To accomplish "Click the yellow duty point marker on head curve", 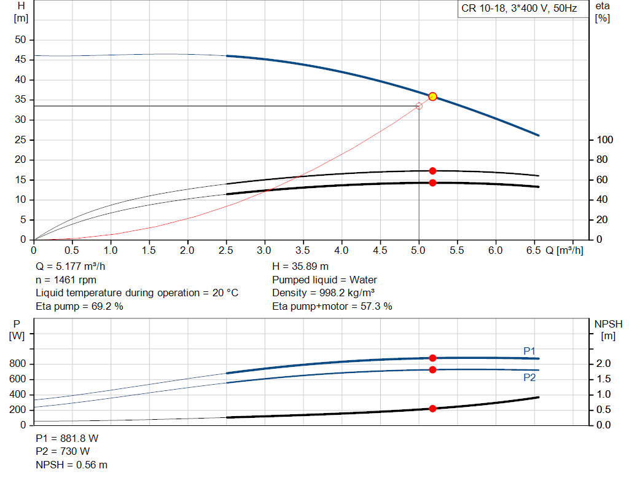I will [432, 96].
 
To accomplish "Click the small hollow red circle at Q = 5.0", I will [419, 106].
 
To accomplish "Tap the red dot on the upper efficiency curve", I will [432, 171].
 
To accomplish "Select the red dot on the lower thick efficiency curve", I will [432, 183].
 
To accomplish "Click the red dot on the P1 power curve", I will [432, 358].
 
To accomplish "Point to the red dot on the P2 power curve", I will [432, 369].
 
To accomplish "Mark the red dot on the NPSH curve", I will [432, 409].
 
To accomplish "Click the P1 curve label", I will [529, 351].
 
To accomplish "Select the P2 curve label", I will [529, 377].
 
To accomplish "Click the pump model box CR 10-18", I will [518, 9].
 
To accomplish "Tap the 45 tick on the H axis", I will [22, 60].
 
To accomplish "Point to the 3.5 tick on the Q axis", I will [303, 250].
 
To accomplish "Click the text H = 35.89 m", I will [301, 267].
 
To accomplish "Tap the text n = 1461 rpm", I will [66, 280].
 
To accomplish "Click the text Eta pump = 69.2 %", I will [80, 306].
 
